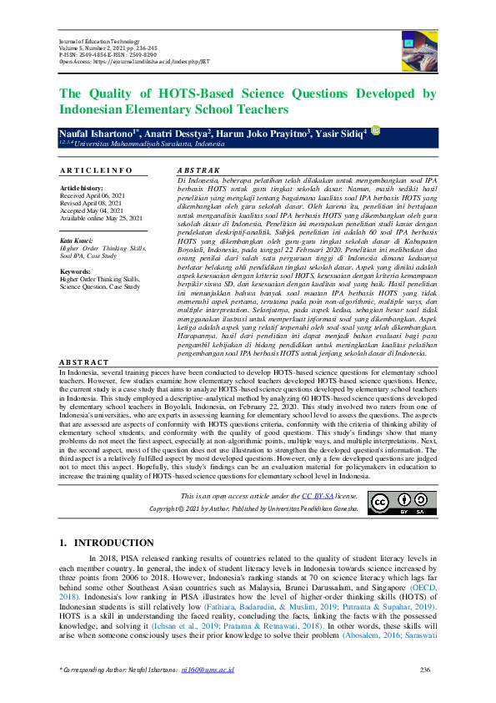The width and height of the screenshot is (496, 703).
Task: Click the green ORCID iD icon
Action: coord(375,129)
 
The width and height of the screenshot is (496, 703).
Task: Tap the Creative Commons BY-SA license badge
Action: coord(391,502)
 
